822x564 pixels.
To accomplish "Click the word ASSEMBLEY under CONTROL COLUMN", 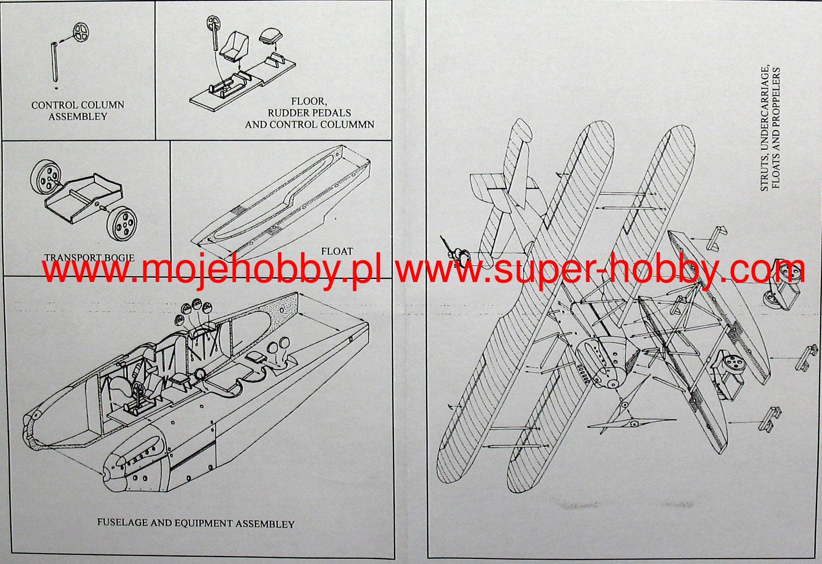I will (78, 117).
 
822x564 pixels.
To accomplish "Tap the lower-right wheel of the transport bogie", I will (121, 224).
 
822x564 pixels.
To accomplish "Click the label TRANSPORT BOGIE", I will (89, 258).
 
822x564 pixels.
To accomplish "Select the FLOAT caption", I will (337, 251).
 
